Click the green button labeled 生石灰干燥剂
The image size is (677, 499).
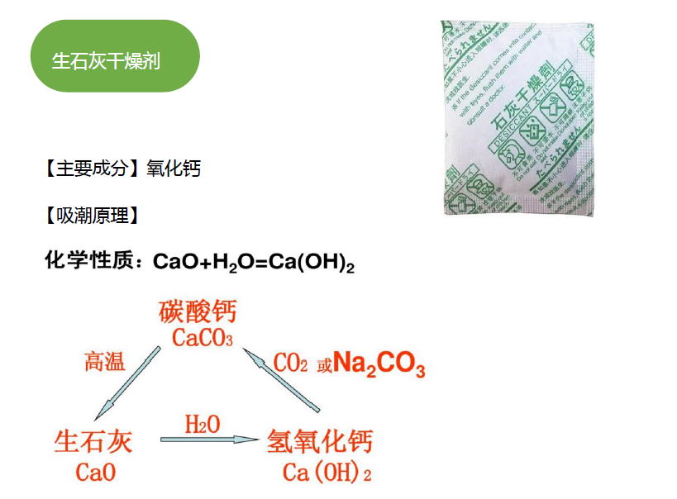click(114, 57)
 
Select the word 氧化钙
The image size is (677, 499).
click(174, 169)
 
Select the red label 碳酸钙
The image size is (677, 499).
click(198, 311)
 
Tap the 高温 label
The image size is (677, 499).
click(105, 361)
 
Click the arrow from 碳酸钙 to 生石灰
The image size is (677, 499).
click(129, 382)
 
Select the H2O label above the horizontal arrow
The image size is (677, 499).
click(203, 425)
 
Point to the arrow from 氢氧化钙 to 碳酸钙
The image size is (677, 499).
click(281, 380)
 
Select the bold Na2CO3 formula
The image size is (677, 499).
click(379, 365)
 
